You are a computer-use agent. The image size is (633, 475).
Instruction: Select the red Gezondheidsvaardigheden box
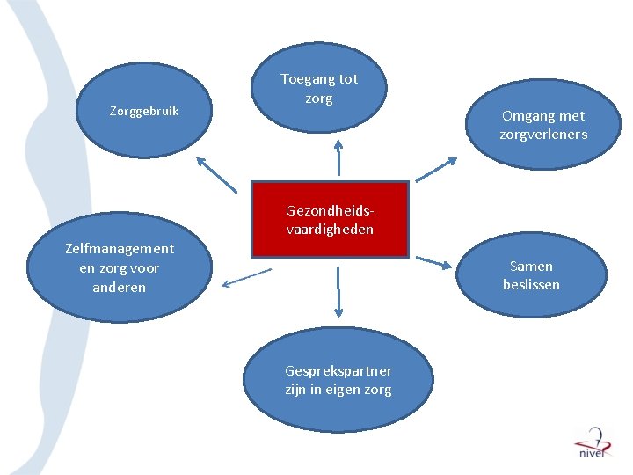click(x=330, y=220)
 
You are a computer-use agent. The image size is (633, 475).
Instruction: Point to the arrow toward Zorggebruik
click(x=216, y=174)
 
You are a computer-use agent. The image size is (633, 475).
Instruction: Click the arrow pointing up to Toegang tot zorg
click(x=338, y=158)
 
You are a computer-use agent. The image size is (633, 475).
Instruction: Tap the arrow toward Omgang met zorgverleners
click(x=436, y=171)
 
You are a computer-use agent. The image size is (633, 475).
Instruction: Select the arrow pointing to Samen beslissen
click(x=433, y=261)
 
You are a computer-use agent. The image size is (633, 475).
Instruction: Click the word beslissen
click(x=531, y=285)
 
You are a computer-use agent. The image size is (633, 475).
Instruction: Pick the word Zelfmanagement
click(x=120, y=249)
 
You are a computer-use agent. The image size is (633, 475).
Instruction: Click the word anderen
click(x=120, y=288)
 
